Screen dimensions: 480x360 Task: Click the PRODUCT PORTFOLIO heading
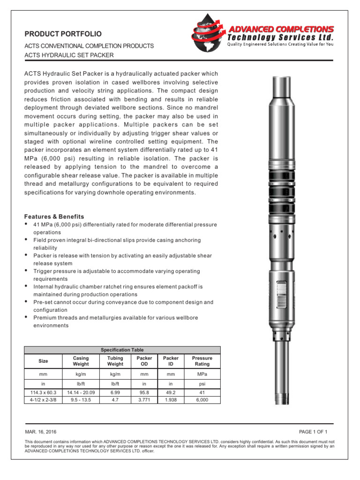tap(63, 34)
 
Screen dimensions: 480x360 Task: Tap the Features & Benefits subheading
tap(54, 217)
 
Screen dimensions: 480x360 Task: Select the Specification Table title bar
tap(122, 350)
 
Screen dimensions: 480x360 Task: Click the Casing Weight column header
tap(81, 361)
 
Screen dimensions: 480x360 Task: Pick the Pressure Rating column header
tap(202, 361)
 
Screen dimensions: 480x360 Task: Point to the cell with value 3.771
tap(144, 400)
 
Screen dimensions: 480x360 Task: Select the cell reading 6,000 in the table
tap(202, 400)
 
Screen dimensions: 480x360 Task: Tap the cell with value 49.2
tap(171, 392)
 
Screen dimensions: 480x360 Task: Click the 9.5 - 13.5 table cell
tap(81, 400)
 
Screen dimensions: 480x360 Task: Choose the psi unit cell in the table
tap(202, 383)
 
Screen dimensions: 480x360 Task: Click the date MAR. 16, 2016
tap(40, 432)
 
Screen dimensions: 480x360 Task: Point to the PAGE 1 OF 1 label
tap(313, 432)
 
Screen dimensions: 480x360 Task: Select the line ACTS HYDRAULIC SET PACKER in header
tap(69, 55)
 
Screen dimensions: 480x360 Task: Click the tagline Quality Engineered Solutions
tap(280, 45)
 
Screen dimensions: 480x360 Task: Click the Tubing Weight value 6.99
tap(115, 392)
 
